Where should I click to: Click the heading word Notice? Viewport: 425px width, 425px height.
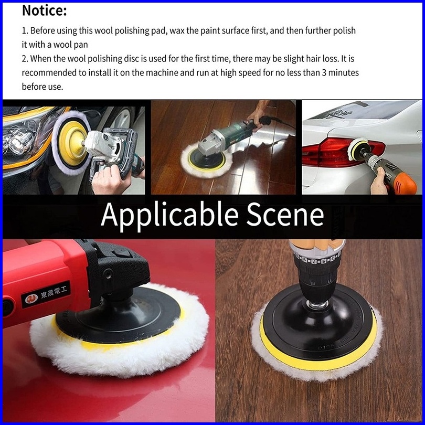click(44, 11)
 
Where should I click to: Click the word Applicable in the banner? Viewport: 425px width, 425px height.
click(169, 215)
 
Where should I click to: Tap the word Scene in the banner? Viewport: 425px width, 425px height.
click(285, 214)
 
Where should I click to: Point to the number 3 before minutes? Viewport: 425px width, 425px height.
click(324, 72)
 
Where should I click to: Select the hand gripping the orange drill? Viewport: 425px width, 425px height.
click(379, 181)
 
